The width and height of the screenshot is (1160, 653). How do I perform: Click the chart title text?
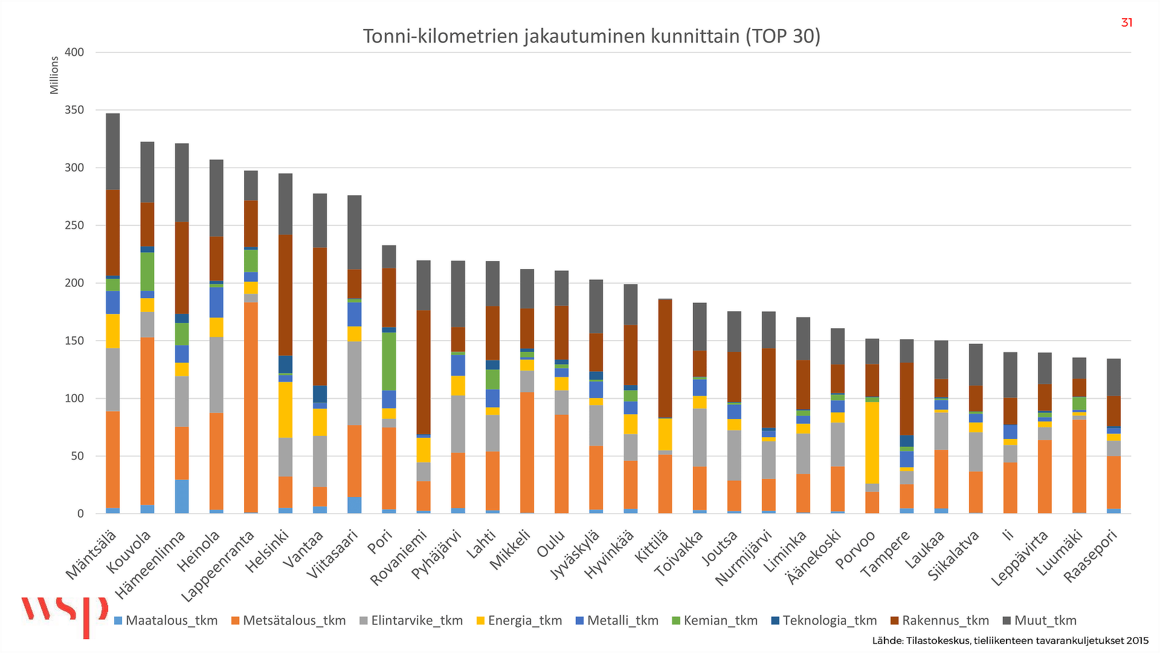pyautogui.click(x=591, y=36)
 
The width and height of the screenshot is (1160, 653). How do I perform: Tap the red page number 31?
pyautogui.click(x=1126, y=23)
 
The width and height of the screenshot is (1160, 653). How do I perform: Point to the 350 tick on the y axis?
pyautogui.click(x=74, y=110)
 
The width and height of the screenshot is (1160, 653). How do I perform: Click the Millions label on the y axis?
pyautogui.click(x=54, y=76)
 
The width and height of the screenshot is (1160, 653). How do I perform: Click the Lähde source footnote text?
pyautogui.click(x=1010, y=641)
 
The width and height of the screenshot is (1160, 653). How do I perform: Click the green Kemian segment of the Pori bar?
pyautogui.click(x=389, y=361)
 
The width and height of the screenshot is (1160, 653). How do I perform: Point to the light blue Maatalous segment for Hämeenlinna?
pyautogui.click(x=182, y=496)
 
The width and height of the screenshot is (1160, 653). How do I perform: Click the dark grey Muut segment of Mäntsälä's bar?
pyautogui.click(x=112, y=151)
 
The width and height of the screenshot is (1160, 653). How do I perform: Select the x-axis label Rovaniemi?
pyautogui.click(x=399, y=557)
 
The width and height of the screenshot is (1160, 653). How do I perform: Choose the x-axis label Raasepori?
pyautogui.click(x=1091, y=555)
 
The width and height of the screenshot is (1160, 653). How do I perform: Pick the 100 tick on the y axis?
pyautogui.click(x=74, y=398)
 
